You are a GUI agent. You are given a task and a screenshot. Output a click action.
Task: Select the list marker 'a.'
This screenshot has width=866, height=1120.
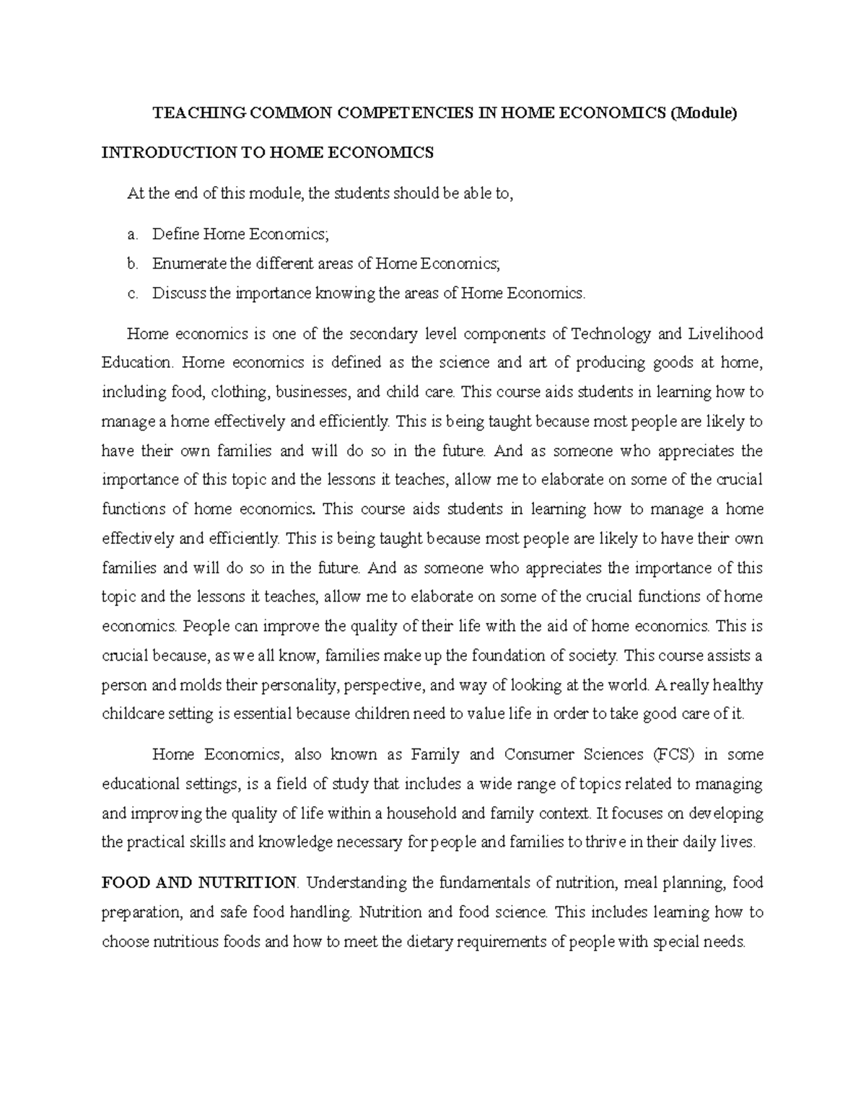click(x=131, y=234)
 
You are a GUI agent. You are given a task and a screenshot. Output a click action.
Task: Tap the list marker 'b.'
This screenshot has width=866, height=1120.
click(x=131, y=264)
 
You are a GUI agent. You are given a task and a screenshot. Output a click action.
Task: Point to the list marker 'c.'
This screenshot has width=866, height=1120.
click(x=131, y=293)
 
